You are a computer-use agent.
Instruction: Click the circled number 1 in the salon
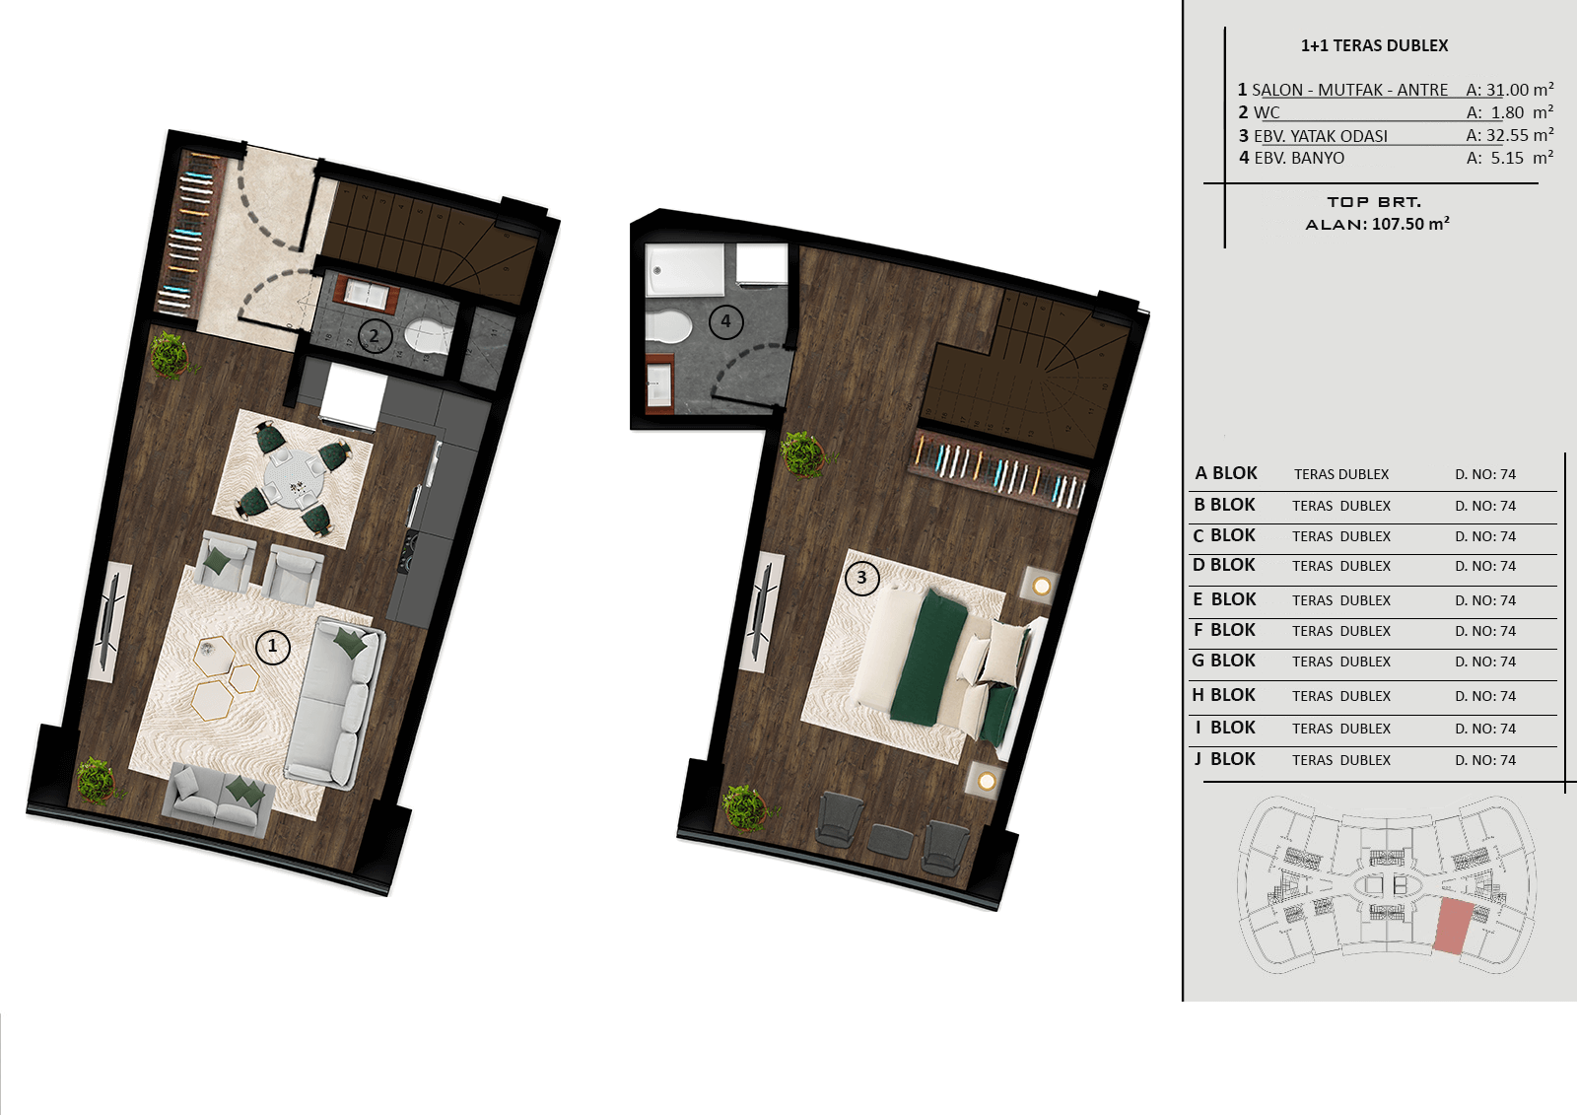click(272, 647)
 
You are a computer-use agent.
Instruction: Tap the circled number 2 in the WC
click(375, 336)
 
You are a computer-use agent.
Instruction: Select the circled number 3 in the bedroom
click(861, 579)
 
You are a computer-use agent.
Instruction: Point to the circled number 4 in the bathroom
click(725, 322)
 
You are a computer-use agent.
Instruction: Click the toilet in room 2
click(428, 337)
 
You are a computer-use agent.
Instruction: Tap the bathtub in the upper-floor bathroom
click(685, 270)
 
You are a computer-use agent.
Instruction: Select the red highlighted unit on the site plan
click(1453, 927)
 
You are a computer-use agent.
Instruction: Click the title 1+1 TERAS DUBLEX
click(1374, 45)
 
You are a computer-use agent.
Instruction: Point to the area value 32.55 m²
click(1519, 135)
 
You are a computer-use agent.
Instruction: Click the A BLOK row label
click(1226, 473)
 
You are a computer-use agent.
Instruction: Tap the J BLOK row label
click(1225, 759)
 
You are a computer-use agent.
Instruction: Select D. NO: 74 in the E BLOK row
click(1485, 600)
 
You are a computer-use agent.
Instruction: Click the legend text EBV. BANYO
click(1299, 159)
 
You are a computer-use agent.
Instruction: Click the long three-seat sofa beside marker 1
click(335, 702)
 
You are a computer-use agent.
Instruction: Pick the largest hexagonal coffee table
click(213, 699)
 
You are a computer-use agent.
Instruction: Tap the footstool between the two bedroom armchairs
click(890, 841)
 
